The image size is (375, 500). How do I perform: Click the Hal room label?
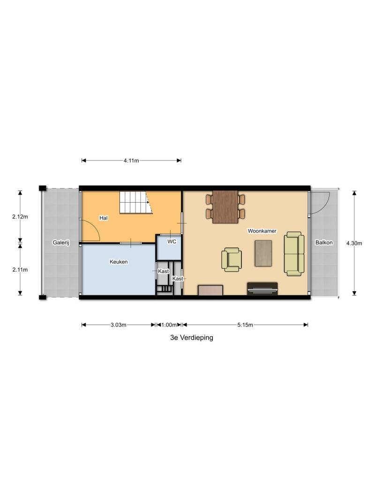103,218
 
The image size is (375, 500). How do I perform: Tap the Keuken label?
119,262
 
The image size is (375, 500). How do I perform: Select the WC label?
172,242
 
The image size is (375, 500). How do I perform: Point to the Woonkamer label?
262,231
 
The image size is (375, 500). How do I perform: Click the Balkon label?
324,242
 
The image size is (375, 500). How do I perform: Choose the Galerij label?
61,242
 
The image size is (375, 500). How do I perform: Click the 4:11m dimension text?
131,161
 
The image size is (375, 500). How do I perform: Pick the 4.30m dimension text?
354,243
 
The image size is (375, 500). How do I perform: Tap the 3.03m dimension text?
119,325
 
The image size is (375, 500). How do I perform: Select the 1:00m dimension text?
169,325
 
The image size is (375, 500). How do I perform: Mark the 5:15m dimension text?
245,325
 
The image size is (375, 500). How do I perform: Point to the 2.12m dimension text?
20,217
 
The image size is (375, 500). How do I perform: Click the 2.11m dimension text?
20,270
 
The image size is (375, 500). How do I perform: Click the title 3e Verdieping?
191,338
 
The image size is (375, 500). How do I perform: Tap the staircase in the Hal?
135,202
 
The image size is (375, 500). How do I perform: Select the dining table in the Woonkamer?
225,207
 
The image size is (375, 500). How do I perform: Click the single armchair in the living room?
232,259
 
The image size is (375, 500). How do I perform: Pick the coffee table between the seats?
263,253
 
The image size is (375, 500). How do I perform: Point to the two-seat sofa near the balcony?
294,254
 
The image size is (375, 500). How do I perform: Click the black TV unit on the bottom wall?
262,288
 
